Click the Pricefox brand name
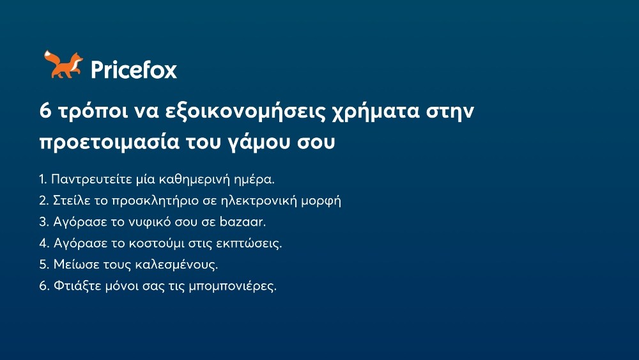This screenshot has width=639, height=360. click(134, 69)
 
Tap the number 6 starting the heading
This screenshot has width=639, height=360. click(45, 111)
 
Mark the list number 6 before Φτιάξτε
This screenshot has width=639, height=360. click(43, 286)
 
